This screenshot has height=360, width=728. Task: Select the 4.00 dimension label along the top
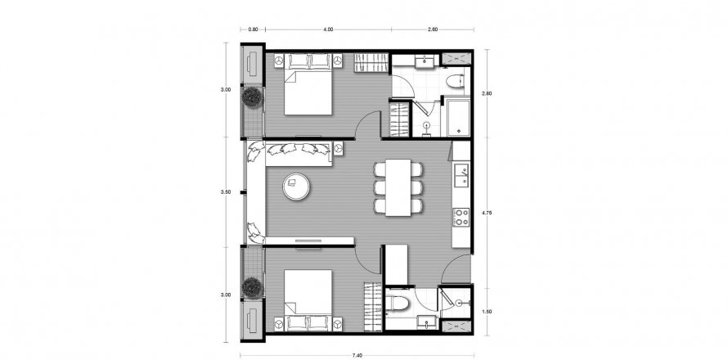coord(328,29)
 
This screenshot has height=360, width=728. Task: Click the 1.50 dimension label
coord(488,311)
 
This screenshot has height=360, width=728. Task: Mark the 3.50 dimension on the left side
coord(226,192)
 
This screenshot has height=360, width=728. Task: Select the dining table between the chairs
coord(398,187)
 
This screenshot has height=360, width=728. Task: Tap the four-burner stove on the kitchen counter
coord(461,217)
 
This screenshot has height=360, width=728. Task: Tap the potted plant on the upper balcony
coord(252,98)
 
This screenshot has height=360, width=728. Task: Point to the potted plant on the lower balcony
coord(252,287)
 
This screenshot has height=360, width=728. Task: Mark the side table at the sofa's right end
coord(339,148)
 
